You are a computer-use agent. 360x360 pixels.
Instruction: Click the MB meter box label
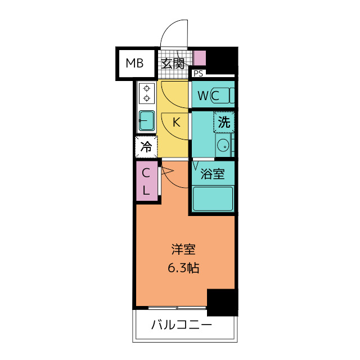tap(134, 63)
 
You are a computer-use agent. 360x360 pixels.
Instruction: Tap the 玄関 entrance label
tap(173, 63)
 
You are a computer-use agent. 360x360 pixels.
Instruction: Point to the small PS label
tap(198, 73)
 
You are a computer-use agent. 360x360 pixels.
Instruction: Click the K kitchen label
tap(175, 121)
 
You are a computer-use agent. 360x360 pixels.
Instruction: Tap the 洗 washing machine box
tap(223, 121)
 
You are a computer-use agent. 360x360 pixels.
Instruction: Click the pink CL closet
tap(146, 181)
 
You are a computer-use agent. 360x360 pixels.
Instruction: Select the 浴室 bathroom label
tap(213, 174)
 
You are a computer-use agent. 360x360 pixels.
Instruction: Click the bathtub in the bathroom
tap(213, 198)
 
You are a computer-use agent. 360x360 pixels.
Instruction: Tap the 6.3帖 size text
tap(184, 268)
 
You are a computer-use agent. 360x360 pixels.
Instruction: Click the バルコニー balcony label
tap(181, 325)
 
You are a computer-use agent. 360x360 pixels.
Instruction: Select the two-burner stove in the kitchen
tap(147, 93)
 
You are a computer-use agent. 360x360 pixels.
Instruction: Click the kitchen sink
tap(146, 120)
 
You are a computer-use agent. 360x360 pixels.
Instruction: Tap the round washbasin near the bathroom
tap(223, 145)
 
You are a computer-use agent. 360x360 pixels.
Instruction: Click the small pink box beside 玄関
tap(200, 58)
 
